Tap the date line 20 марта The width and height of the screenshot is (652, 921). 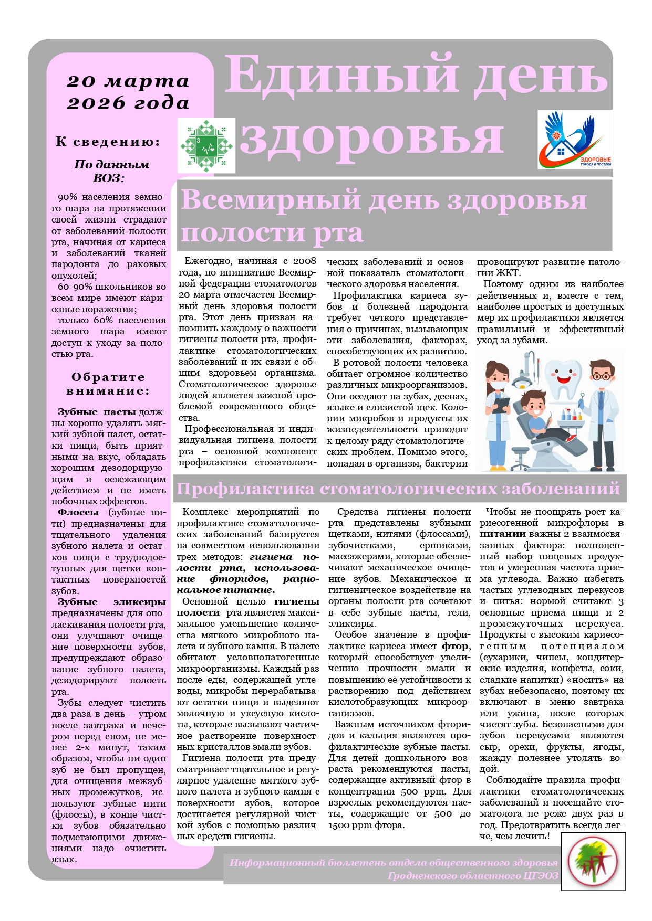128,81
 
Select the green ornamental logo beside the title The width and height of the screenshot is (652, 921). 206,145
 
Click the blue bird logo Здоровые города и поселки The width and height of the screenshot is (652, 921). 575,140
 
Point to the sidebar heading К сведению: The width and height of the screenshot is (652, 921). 108,142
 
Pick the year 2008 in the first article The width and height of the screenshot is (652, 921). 305,261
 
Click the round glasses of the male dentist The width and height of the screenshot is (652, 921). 602,376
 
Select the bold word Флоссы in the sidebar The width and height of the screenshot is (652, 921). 78,513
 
